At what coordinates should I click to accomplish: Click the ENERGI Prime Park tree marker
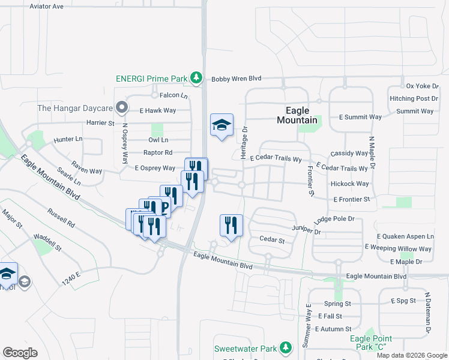click(196, 77)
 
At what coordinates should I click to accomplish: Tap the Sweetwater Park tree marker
click(286, 347)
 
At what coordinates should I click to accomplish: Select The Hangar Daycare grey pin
click(122, 108)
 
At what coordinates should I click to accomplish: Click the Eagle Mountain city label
click(297, 115)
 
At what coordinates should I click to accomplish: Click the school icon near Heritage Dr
click(221, 125)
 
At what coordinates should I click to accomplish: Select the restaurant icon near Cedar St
click(231, 225)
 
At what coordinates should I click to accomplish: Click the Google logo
click(20, 353)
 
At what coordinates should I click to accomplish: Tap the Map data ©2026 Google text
click(411, 355)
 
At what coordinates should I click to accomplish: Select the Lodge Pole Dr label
click(339, 219)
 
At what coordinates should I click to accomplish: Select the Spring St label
click(337, 304)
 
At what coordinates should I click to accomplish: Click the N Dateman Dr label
click(429, 313)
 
